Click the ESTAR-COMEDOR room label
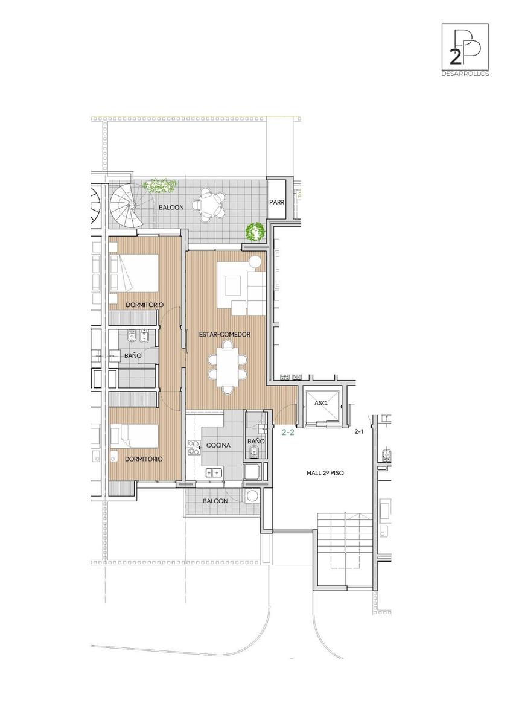coord(225,334)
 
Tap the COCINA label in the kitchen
coord(218,445)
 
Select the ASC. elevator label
coord(321,404)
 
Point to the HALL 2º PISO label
coord(325,473)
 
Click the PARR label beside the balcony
coord(277,202)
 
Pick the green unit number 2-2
coord(288,432)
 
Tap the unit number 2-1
coord(358,431)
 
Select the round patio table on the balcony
coord(209,205)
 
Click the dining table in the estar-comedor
coord(228,367)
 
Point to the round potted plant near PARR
coord(255,232)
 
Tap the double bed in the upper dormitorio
coord(134,273)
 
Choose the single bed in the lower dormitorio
coord(134,436)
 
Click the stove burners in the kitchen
coord(194,447)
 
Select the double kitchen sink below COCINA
coord(214,473)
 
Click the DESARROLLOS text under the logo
coord(465,74)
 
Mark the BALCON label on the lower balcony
coord(215,501)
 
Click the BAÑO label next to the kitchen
coord(256,441)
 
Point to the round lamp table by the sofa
coord(255,261)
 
